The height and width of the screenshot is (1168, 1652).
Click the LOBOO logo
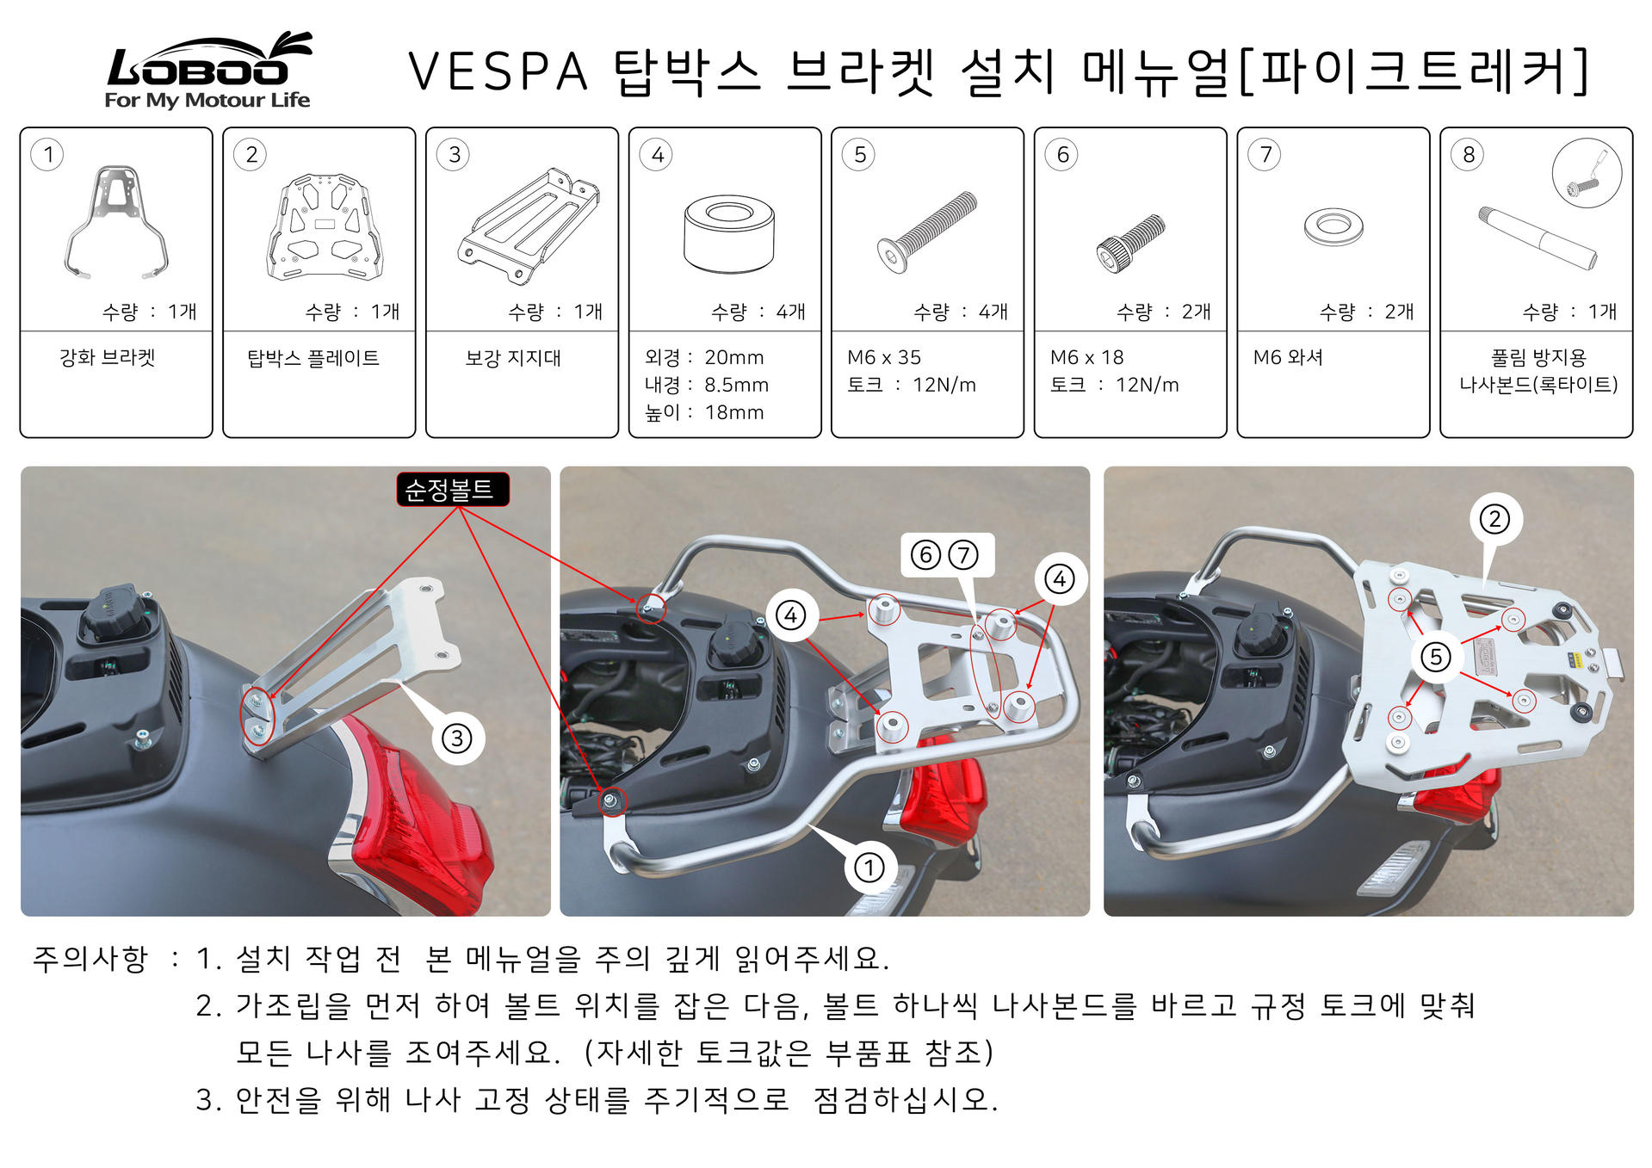[x=207, y=71]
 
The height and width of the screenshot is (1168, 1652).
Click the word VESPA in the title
[x=498, y=71]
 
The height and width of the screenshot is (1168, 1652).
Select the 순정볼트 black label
[x=452, y=490]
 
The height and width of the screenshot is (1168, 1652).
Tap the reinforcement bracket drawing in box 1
[x=116, y=222]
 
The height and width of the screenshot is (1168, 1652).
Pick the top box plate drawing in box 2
[x=325, y=226]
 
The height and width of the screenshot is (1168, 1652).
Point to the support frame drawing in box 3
[x=529, y=226]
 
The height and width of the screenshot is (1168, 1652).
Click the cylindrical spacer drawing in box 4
[x=729, y=233]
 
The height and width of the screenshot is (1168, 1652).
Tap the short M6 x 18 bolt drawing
[x=1130, y=244]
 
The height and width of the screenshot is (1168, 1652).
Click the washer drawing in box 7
[x=1333, y=226]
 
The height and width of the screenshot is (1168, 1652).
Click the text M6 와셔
[x=1288, y=357]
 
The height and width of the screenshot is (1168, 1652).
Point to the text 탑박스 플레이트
[x=313, y=357]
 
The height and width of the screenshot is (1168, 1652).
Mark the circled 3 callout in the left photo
[x=457, y=738]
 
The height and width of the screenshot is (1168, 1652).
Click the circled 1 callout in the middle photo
[x=869, y=868]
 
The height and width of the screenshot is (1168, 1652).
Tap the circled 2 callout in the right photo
[x=1494, y=519]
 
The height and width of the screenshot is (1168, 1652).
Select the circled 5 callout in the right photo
[x=1435, y=658]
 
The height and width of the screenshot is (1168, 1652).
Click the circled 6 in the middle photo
[x=925, y=555]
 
